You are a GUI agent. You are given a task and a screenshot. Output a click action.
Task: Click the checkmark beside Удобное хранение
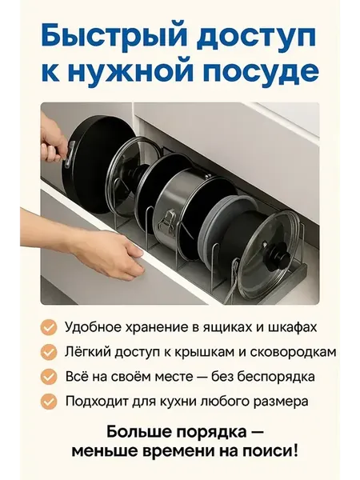[49, 327]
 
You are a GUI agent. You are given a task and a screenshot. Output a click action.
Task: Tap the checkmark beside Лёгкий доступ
[49, 352]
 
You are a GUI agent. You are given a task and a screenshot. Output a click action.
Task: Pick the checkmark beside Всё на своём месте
[49, 377]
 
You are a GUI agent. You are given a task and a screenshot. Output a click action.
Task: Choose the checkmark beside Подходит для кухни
[49, 401]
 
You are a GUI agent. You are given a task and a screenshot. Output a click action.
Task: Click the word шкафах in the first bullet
[292, 327]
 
